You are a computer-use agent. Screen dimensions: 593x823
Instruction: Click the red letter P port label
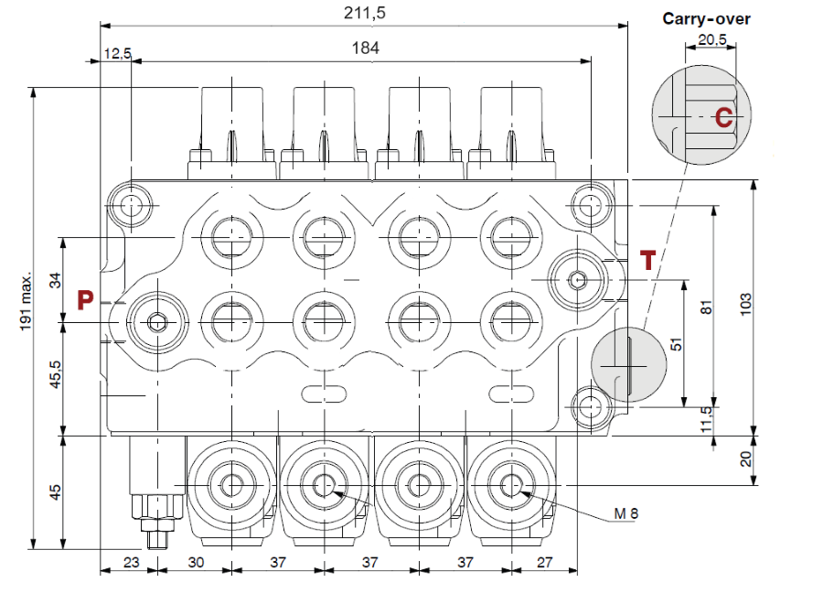point(85,299)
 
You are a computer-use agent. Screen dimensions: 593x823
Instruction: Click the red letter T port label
point(647,261)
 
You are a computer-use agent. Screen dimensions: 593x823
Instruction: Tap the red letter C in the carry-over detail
point(723,117)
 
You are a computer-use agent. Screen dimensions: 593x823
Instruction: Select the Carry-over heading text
point(706,18)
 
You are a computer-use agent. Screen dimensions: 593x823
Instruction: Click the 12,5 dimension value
point(117,54)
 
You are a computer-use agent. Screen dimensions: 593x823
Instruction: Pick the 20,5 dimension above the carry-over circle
point(711,39)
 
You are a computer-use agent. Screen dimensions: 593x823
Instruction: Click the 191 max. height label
point(27,299)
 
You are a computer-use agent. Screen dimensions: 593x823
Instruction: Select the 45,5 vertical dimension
point(55,375)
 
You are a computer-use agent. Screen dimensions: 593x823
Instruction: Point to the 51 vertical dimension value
point(676,343)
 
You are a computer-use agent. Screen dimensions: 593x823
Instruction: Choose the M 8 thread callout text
point(625,513)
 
